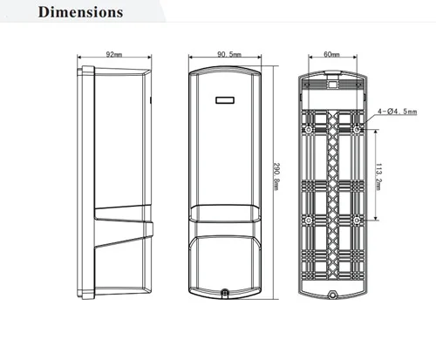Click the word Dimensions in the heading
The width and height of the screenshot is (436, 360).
81,13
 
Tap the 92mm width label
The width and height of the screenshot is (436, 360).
113,54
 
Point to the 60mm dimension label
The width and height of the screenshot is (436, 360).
331,54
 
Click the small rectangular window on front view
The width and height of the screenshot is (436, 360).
226,98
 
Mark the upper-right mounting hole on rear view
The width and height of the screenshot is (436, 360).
358,131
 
